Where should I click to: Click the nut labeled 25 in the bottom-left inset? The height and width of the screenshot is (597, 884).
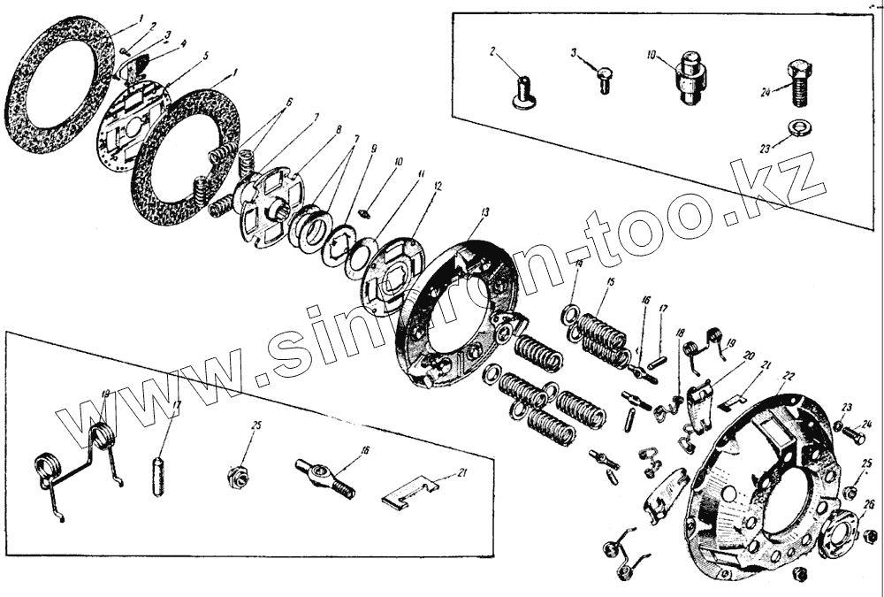[236, 476]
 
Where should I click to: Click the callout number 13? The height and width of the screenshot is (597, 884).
[484, 212]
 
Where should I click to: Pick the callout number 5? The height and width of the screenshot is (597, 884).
[205, 55]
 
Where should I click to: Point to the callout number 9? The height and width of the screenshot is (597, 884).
[374, 149]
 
